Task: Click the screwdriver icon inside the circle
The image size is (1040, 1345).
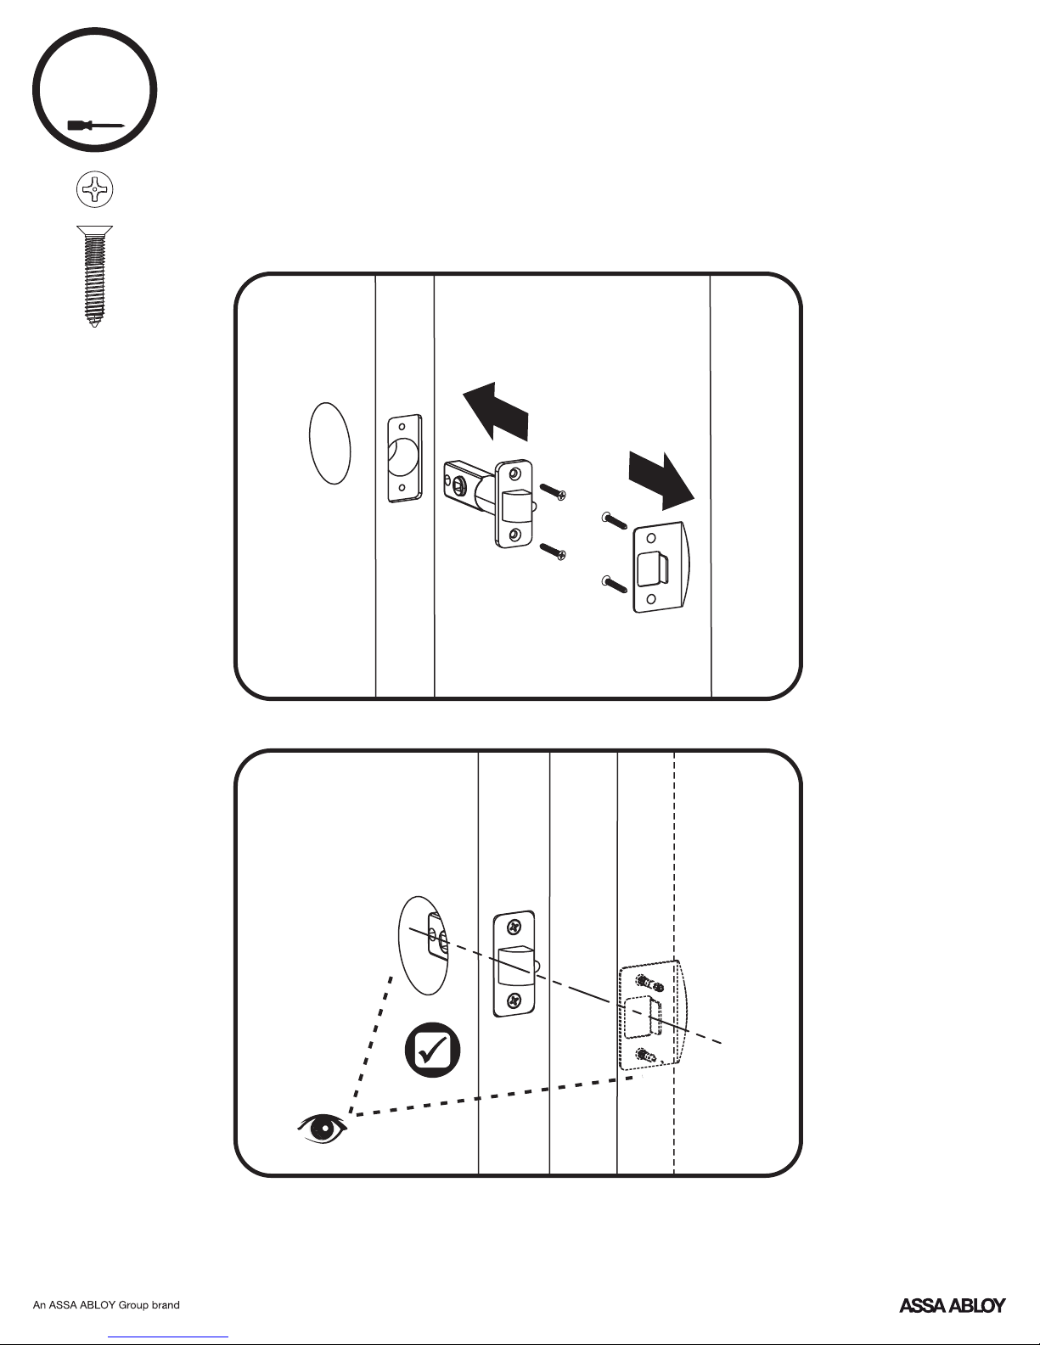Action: pyautogui.click(x=96, y=126)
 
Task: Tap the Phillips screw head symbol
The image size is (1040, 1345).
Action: pyautogui.click(x=95, y=188)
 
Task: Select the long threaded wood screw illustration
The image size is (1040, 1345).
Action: pyautogui.click(x=95, y=276)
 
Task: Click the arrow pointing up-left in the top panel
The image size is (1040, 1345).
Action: pyautogui.click(x=495, y=412)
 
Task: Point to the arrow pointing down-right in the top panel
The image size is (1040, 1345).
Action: pyautogui.click(x=661, y=481)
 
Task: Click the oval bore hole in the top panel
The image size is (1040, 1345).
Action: pyautogui.click(x=330, y=443)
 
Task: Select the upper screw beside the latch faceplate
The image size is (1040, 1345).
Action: pyautogui.click(x=553, y=492)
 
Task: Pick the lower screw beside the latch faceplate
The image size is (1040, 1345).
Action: pyautogui.click(x=553, y=551)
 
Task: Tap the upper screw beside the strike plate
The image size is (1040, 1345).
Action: pyautogui.click(x=614, y=521)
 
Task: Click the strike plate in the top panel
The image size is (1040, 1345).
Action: pyautogui.click(x=661, y=567)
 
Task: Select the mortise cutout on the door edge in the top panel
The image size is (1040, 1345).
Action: pyautogui.click(x=405, y=458)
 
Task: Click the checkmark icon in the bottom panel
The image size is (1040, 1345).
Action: pyautogui.click(x=432, y=1050)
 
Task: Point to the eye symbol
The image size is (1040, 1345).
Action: pyautogui.click(x=322, y=1129)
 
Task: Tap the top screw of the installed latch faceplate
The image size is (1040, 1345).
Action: pyautogui.click(x=513, y=927)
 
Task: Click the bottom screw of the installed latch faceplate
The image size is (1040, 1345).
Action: pyautogui.click(x=514, y=1000)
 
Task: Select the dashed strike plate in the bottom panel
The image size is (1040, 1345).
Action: pyautogui.click(x=651, y=1015)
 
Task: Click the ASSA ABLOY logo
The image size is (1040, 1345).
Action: pyautogui.click(x=952, y=1305)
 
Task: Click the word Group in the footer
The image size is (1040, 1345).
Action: pyautogui.click(x=134, y=1305)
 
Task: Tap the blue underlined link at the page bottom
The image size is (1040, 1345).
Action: pyautogui.click(x=168, y=1337)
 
